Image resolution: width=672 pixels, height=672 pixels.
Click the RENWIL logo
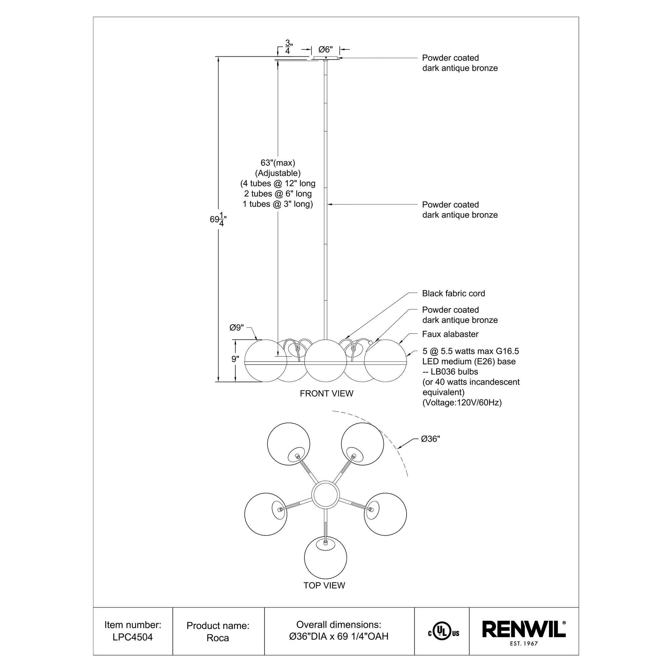click(x=523, y=630)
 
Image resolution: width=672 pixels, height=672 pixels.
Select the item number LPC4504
click(x=132, y=637)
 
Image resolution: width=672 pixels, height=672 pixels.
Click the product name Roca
click(x=217, y=638)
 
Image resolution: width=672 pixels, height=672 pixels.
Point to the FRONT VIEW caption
click(x=326, y=393)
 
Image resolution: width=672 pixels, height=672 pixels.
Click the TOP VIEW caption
click(x=324, y=585)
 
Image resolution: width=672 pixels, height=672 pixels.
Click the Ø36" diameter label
click(x=430, y=439)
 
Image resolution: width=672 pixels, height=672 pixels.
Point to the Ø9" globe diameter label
click(x=237, y=328)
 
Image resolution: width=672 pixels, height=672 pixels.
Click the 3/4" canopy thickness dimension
click(x=288, y=47)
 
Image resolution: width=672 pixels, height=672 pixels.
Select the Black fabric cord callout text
click(x=453, y=293)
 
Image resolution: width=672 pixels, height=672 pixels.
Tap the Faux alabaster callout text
click(x=450, y=334)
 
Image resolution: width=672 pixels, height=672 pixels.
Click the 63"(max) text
click(x=278, y=163)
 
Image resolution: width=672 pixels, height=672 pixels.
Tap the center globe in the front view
click(x=325, y=360)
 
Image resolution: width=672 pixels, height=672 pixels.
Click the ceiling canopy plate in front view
click(x=326, y=58)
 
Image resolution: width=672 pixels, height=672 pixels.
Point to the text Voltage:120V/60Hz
click(x=462, y=403)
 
